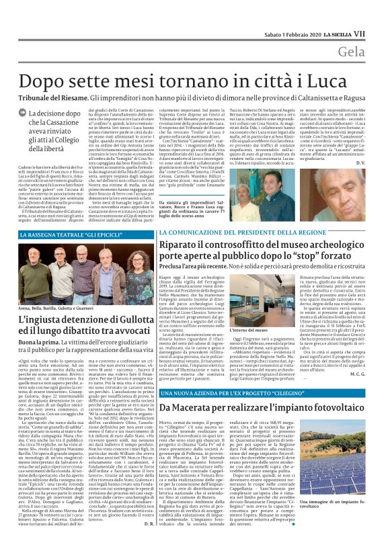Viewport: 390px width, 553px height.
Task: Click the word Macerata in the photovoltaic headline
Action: (192, 408)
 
